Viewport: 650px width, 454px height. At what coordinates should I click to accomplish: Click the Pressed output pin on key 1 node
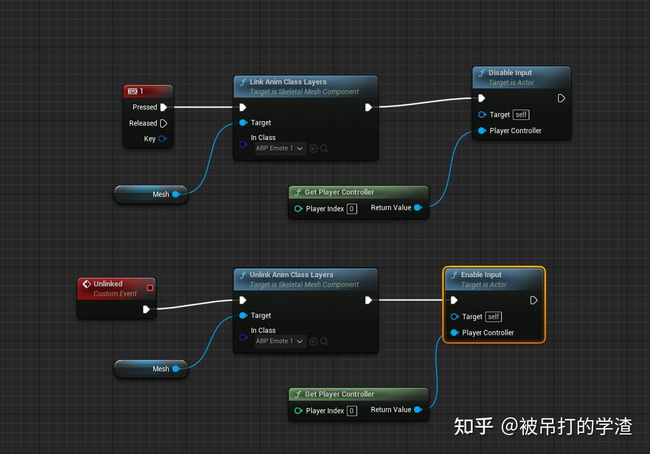pyautogui.click(x=164, y=107)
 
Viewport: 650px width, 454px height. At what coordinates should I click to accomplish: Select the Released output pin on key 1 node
pyautogui.click(x=164, y=123)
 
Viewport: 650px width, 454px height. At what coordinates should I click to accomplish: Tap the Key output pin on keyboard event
pyautogui.click(x=162, y=139)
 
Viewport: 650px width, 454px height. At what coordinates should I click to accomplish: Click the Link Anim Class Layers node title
pyautogui.click(x=288, y=82)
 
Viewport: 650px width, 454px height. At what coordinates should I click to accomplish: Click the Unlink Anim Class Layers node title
pyautogui.click(x=291, y=275)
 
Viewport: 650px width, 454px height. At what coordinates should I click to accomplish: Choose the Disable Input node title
pyautogui.click(x=510, y=73)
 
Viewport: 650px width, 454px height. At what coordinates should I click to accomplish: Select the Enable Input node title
pyautogui.click(x=481, y=275)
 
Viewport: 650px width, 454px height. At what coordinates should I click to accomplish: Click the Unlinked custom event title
pyautogui.click(x=108, y=284)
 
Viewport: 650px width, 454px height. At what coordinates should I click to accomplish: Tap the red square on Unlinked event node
pyautogui.click(x=150, y=288)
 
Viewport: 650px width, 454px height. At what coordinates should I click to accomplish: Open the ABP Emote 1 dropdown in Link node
pyautogui.click(x=280, y=149)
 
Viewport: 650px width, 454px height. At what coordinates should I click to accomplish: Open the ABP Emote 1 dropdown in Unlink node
pyautogui.click(x=280, y=342)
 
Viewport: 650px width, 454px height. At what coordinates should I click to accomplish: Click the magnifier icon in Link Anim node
pyautogui.click(x=324, y=149)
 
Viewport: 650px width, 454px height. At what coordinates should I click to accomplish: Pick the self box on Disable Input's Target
pyautogui.click(x=521, y=115)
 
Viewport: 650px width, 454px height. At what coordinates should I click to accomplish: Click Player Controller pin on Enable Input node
pyautogui.click(x=455, y=333)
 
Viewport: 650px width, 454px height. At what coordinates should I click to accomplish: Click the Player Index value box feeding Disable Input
pyautogui.click(x=352, y=209)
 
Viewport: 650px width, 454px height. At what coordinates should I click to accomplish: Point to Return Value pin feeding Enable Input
pyautogui.click(x=417, y=410)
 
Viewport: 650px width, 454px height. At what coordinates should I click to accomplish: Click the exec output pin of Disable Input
pyautogui.click(x=562, y=99)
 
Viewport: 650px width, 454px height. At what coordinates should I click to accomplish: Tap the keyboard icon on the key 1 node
pyautogui.click(x=133, y=91)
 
